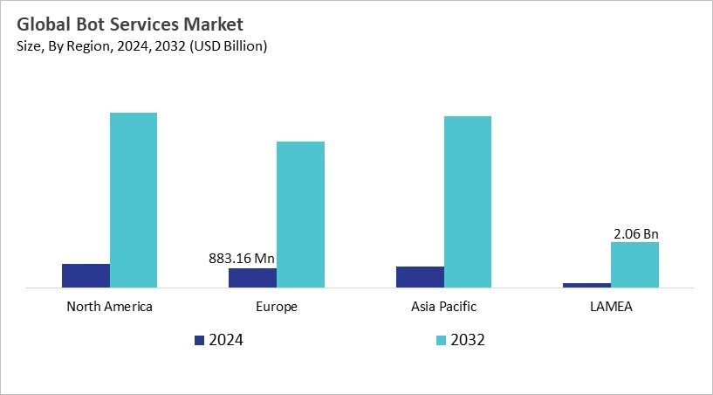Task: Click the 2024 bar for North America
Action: click(x=86, y=275)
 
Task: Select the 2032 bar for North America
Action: click(x=134, y=199)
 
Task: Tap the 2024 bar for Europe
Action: click(x=252, y=277)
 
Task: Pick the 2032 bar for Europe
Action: click(x=300, y=214)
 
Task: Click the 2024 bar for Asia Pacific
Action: click(x=420, y=276)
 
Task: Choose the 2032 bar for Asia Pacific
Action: click(x=468, y=201)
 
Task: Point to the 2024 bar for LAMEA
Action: click(x=586, y=284)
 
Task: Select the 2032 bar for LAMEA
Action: click(x=634, y=264)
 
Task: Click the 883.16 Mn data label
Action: click(x=243, y=259)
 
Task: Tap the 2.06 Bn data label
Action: click(x=634, y=233)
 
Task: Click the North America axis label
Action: click(x=109, y=307)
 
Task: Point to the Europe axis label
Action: click(x=277, y=307)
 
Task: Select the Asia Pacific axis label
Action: click(x=443, y=307)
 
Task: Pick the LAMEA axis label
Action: click(x=611, y=307)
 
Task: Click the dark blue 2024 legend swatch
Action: click(x=199, y=340)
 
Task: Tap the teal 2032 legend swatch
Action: click(x=441, y=340)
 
